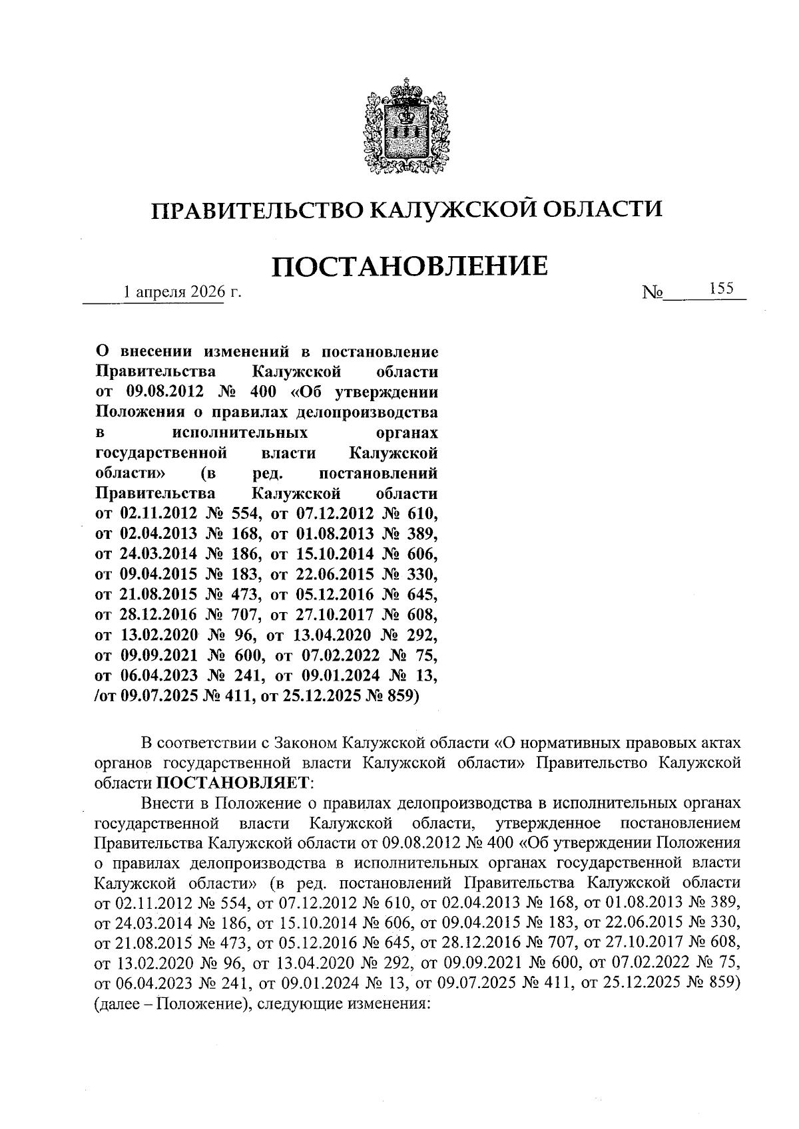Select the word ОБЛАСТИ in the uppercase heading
[x=603, y=210]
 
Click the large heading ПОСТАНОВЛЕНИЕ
[x=409, y=265]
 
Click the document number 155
[x=721, y=289]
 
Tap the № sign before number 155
[x=651, y=293]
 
